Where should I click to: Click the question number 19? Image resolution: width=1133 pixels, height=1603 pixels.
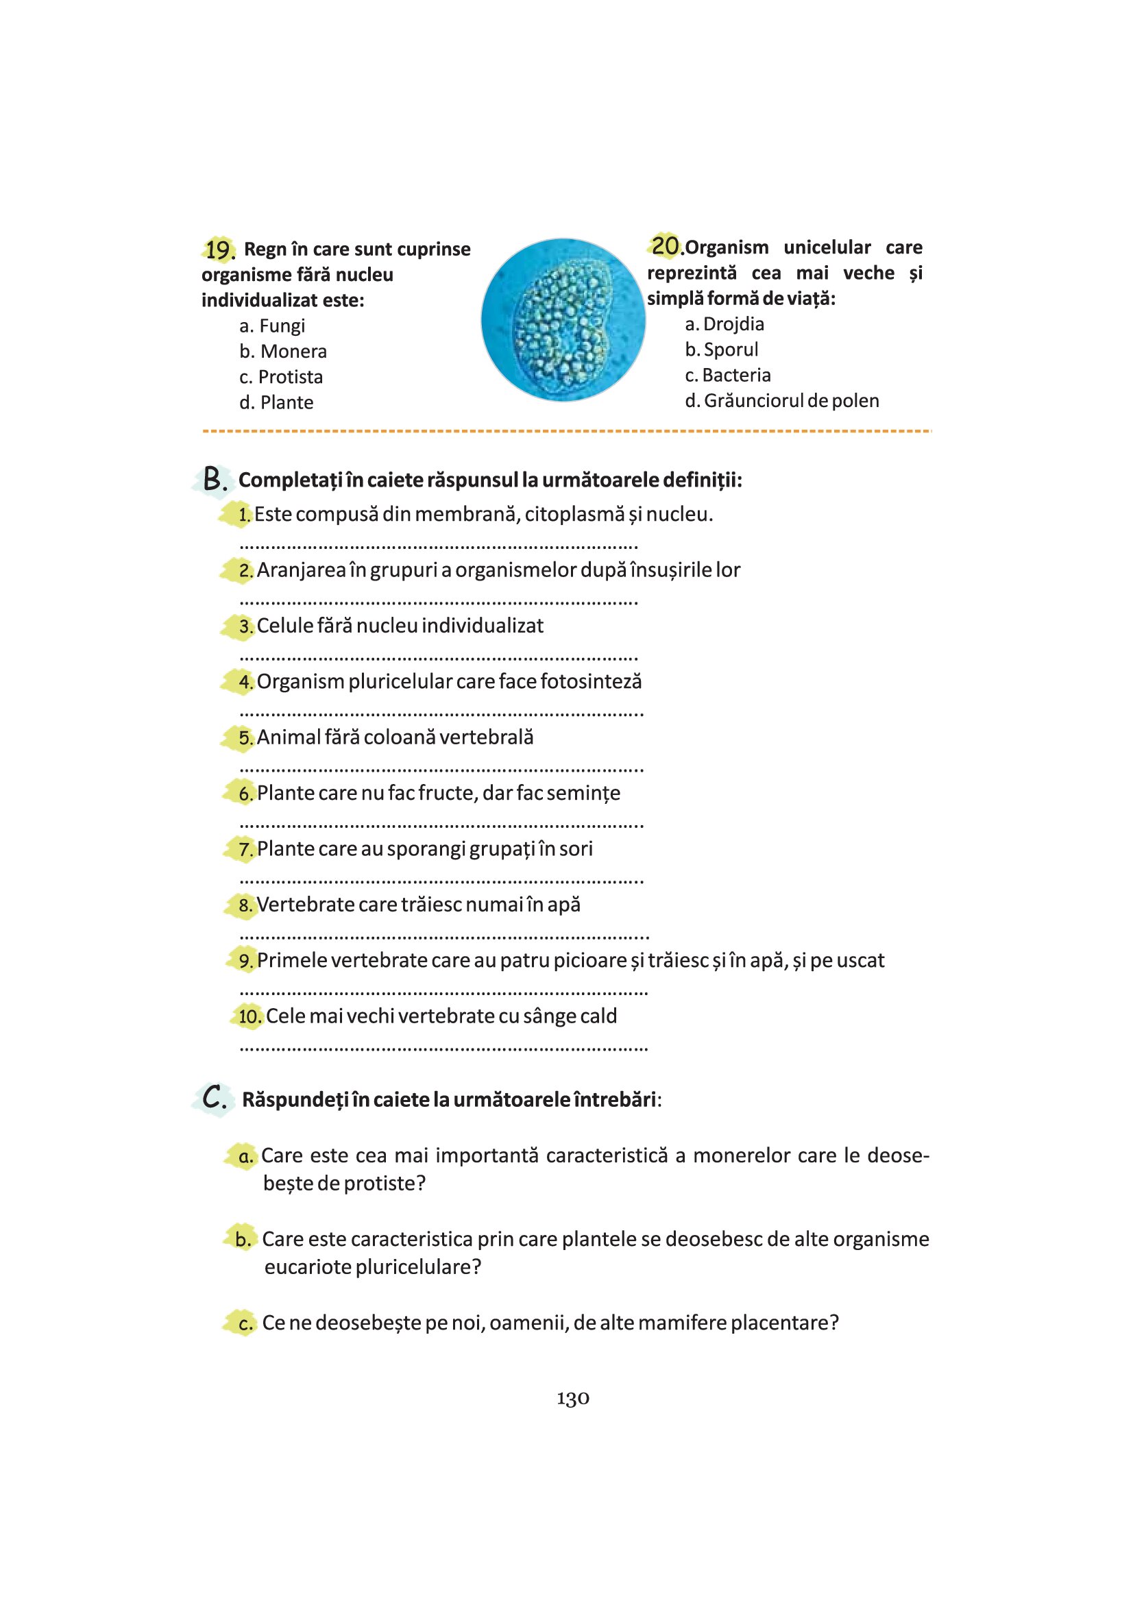(219, 249)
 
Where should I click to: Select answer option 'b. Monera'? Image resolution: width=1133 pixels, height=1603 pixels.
(282, 351)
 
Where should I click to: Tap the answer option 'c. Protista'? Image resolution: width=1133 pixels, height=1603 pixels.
(280, 377)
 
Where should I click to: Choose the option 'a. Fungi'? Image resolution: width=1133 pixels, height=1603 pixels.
(271, 326)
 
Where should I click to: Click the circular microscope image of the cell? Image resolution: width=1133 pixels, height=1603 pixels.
(563, 320)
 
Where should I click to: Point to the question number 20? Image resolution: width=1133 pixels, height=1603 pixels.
(666, 246)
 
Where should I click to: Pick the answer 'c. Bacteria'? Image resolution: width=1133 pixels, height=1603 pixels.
(727, 376)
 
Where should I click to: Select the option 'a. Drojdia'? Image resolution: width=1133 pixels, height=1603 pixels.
(724, 324)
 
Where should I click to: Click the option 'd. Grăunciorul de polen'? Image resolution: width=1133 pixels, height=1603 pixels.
(781, 401)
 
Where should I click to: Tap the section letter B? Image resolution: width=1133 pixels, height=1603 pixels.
(213, 480)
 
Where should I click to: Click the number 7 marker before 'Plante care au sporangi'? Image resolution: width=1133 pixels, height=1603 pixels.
(245, 850)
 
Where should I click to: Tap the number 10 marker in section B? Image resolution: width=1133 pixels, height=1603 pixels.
(249, 1016)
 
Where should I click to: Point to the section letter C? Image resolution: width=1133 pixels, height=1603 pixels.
(214, 1098)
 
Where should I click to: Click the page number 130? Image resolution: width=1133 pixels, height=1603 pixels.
(572, 1399)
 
